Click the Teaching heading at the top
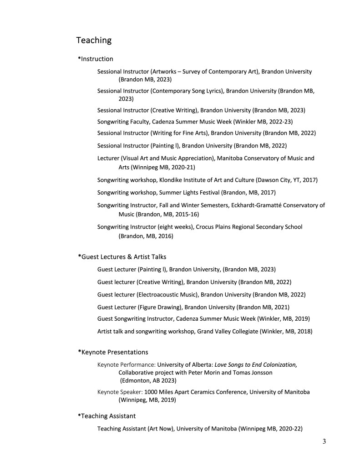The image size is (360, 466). (x=94, y=41)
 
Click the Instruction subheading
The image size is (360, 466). (x=97, y=59)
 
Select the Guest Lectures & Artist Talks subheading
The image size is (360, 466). (x=121, y=257)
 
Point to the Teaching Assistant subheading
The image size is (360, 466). (x=108, y=416)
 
